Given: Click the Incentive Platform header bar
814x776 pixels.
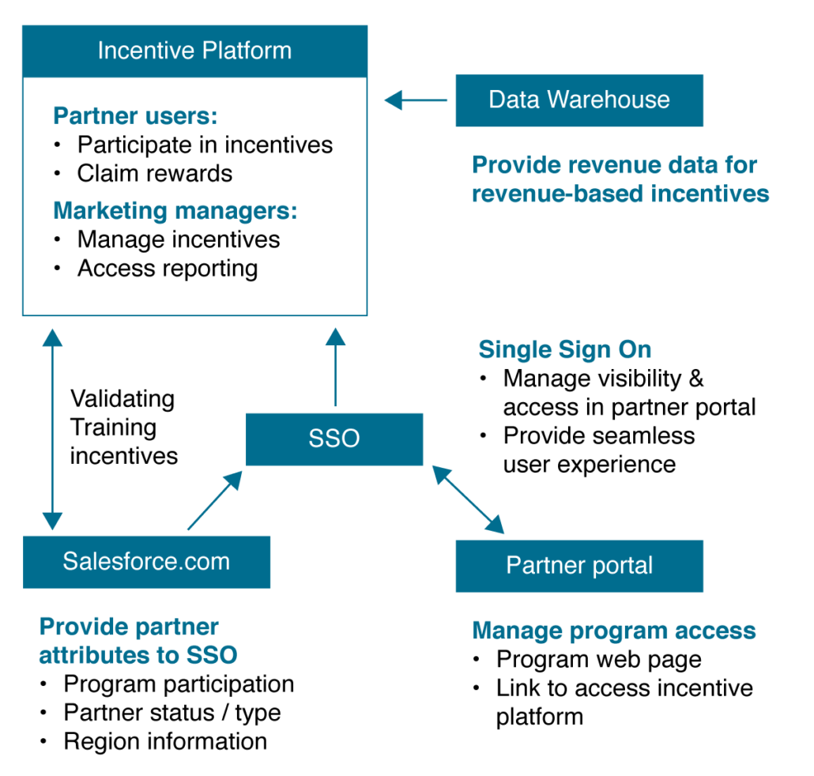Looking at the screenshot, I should pos(194,51).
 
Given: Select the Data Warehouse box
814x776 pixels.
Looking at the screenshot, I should pos(579,100).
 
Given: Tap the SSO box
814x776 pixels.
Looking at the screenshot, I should pos(334,439).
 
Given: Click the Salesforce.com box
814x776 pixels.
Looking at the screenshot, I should pos(146,562).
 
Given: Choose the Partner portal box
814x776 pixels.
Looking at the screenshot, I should pos(579,566).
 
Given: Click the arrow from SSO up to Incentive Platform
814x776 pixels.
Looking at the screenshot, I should pos(336,367).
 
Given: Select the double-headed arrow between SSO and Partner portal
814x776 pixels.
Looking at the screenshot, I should pos(468,499).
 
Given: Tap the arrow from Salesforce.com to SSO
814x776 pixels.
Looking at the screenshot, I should pos(214,501).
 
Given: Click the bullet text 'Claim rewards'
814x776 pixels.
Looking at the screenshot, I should pos(154,174).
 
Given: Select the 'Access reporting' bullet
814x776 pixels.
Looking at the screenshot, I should pos(168,269).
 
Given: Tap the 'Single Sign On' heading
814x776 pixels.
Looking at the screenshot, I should pos(564,350).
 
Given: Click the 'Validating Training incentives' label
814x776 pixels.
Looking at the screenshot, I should pos(122,428).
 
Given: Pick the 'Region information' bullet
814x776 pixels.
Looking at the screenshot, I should pos(164,741).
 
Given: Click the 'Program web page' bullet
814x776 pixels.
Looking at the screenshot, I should pos(598,659).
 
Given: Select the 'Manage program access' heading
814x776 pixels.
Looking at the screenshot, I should pos(613,631).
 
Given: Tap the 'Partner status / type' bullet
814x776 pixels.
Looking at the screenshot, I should pos(171,713).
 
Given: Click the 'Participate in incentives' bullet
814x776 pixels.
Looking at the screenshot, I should pos(205,145).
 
